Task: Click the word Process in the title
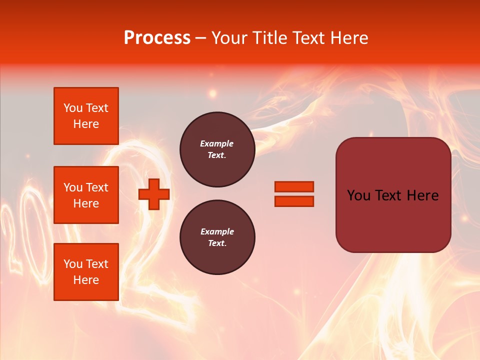[157, 38]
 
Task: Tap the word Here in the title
[348, 38]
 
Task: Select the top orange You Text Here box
[86, 116]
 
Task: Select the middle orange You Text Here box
[86, 195]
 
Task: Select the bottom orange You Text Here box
[86, 272]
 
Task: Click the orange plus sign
[154, 194]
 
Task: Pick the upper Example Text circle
[217, 149]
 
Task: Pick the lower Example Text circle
[217, 237]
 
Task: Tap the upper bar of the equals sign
[294, 186]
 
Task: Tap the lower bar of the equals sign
[294, 201]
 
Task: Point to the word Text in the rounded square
[392, 195]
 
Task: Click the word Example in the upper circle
[217, 143]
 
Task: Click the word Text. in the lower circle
[217, 243]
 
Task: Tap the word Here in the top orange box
[86, 124]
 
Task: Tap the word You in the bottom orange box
[73, 264]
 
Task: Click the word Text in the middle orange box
[97, 187]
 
